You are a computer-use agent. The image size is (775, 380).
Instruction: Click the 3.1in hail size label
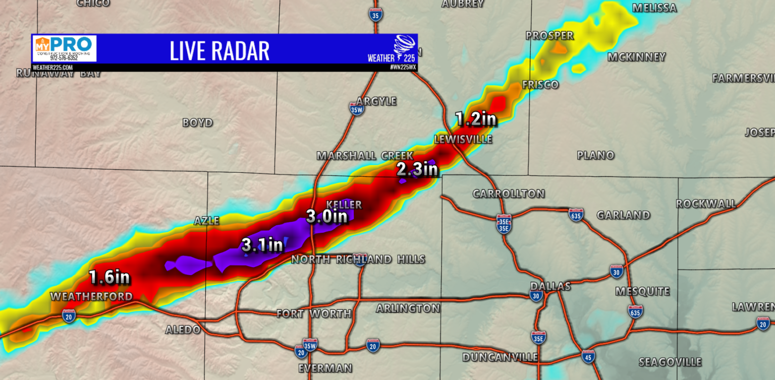point(262,245)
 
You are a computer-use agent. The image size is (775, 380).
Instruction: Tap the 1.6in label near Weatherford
point(109,277)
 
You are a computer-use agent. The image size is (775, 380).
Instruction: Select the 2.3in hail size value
point(417,169)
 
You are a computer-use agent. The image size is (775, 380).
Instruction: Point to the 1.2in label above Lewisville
point(476,119)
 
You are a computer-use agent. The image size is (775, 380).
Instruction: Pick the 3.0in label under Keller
point(327,217)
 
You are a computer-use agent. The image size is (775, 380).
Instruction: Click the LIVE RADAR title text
point(219,50)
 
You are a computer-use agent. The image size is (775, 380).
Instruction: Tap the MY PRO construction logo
point(64,48)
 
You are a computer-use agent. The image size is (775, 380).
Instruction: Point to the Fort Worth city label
point(314,314)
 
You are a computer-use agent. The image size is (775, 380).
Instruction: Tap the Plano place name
point(595,155)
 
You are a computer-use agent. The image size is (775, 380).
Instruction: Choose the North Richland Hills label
point(358,260)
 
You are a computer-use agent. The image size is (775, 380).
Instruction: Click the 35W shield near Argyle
point(356,109)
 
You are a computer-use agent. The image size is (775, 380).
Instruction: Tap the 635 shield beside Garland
point(576,214)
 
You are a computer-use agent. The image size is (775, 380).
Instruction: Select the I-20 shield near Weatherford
point(69,316)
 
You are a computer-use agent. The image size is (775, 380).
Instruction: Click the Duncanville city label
point(500,357)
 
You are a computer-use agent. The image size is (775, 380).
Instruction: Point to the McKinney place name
point(636,57)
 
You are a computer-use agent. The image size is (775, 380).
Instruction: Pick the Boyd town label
point(197,122)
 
